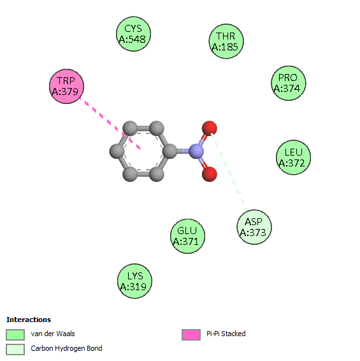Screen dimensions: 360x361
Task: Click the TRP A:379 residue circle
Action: click(67, 86)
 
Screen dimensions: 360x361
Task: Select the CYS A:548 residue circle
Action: click(133, 34)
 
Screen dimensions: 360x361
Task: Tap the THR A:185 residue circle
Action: click(226, 41)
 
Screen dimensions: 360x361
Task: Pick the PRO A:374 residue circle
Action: click(289, 83)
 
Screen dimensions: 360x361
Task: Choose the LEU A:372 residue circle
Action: click(294, 158)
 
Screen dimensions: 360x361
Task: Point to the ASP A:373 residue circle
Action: click(254, 227)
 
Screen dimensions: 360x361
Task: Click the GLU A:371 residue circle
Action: click(188, 236)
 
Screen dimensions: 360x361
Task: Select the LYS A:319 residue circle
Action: click(135, 281)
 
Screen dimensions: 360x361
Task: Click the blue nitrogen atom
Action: click(196, 151)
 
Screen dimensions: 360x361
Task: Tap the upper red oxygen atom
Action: click(210, 128)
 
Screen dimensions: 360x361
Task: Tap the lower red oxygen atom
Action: click(210, 174)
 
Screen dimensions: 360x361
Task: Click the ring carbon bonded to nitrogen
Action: click(169, 151)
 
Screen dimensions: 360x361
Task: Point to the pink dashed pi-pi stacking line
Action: click(110, 124)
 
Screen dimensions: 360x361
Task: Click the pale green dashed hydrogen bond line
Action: click(229, 172)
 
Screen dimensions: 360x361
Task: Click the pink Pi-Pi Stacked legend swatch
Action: click(191, 334)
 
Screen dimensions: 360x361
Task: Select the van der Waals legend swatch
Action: click(15, 334)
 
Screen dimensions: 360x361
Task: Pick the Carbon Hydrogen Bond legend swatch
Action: click(15, 350)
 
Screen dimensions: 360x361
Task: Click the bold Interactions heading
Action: click(29, 320)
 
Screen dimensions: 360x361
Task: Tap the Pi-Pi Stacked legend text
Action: click(226, 334)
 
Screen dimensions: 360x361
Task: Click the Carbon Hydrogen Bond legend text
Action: click(66, 349)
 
